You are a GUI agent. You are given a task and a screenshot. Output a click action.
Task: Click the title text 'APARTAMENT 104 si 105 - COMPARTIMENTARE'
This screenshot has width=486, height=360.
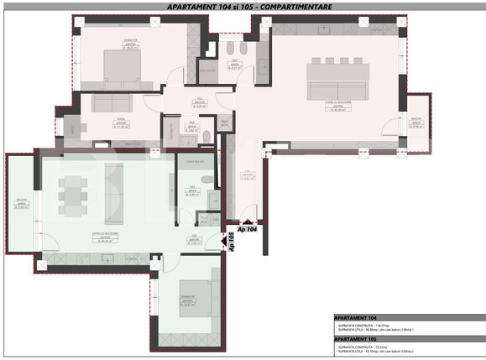(x=242, y=7)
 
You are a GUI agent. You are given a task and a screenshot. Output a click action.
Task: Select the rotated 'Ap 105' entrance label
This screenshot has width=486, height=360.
(x=233, y=243)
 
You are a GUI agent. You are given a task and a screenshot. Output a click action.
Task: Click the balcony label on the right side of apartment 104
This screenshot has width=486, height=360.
(x=416, y=123)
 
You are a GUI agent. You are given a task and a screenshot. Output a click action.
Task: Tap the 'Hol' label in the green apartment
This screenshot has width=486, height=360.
(x=194, y=237)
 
